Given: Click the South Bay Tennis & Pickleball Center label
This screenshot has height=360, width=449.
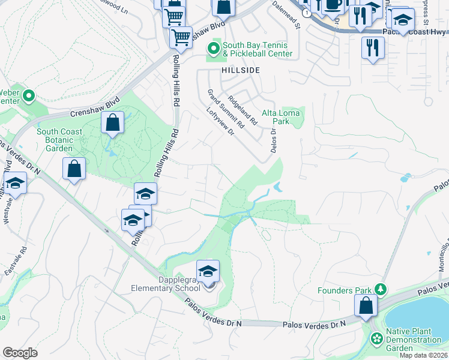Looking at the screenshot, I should [x=257, y=49].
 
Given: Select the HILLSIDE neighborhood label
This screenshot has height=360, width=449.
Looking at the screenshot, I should [x=241, y=70].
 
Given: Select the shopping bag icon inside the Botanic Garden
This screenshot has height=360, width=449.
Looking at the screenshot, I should [x=112, y=123].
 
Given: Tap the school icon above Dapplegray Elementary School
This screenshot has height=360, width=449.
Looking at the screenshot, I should [x=208, y=272].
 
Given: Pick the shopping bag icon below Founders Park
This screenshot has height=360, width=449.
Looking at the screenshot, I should [x=366, y=305].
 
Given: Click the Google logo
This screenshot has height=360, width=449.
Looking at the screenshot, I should [x=20, y=353].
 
